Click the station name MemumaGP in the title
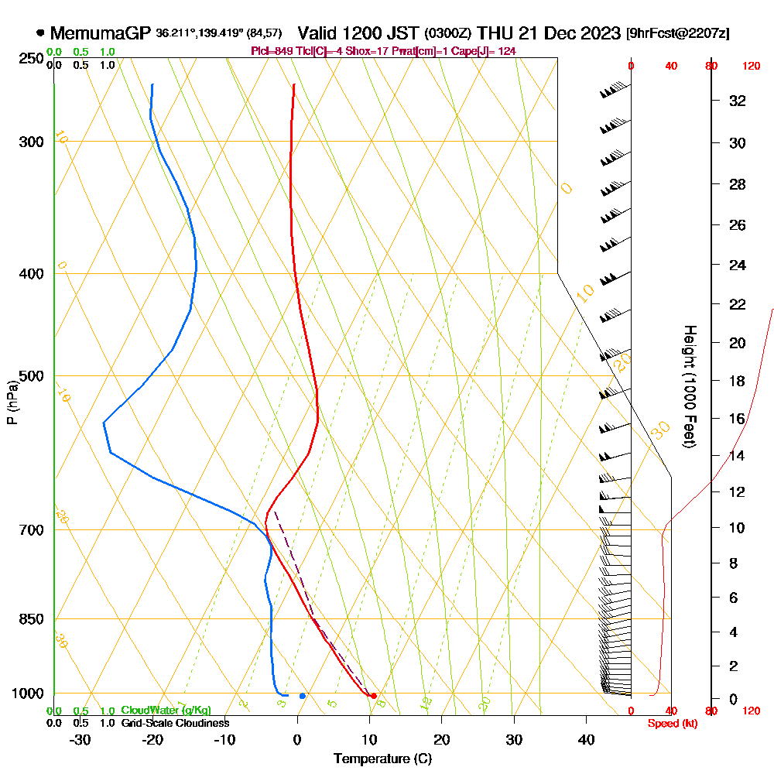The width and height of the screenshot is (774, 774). click(101, 33)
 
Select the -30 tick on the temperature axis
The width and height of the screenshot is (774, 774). click(80, 740)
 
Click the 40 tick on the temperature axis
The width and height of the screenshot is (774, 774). click(586, 740)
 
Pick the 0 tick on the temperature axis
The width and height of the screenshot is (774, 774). click(297, 740)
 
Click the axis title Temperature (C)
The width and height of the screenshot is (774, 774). click(382, 759)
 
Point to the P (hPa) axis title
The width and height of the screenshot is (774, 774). click(12, 402)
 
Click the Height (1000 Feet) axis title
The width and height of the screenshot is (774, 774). click(688, 386)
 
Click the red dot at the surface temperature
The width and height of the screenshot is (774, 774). click(374, 696)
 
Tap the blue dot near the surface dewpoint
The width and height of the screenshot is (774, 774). click(303, 696)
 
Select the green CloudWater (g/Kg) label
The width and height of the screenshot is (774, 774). click(166, 711)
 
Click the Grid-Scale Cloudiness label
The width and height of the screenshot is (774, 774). click(175, 723)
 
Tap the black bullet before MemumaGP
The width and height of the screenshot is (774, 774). click(40, 33)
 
